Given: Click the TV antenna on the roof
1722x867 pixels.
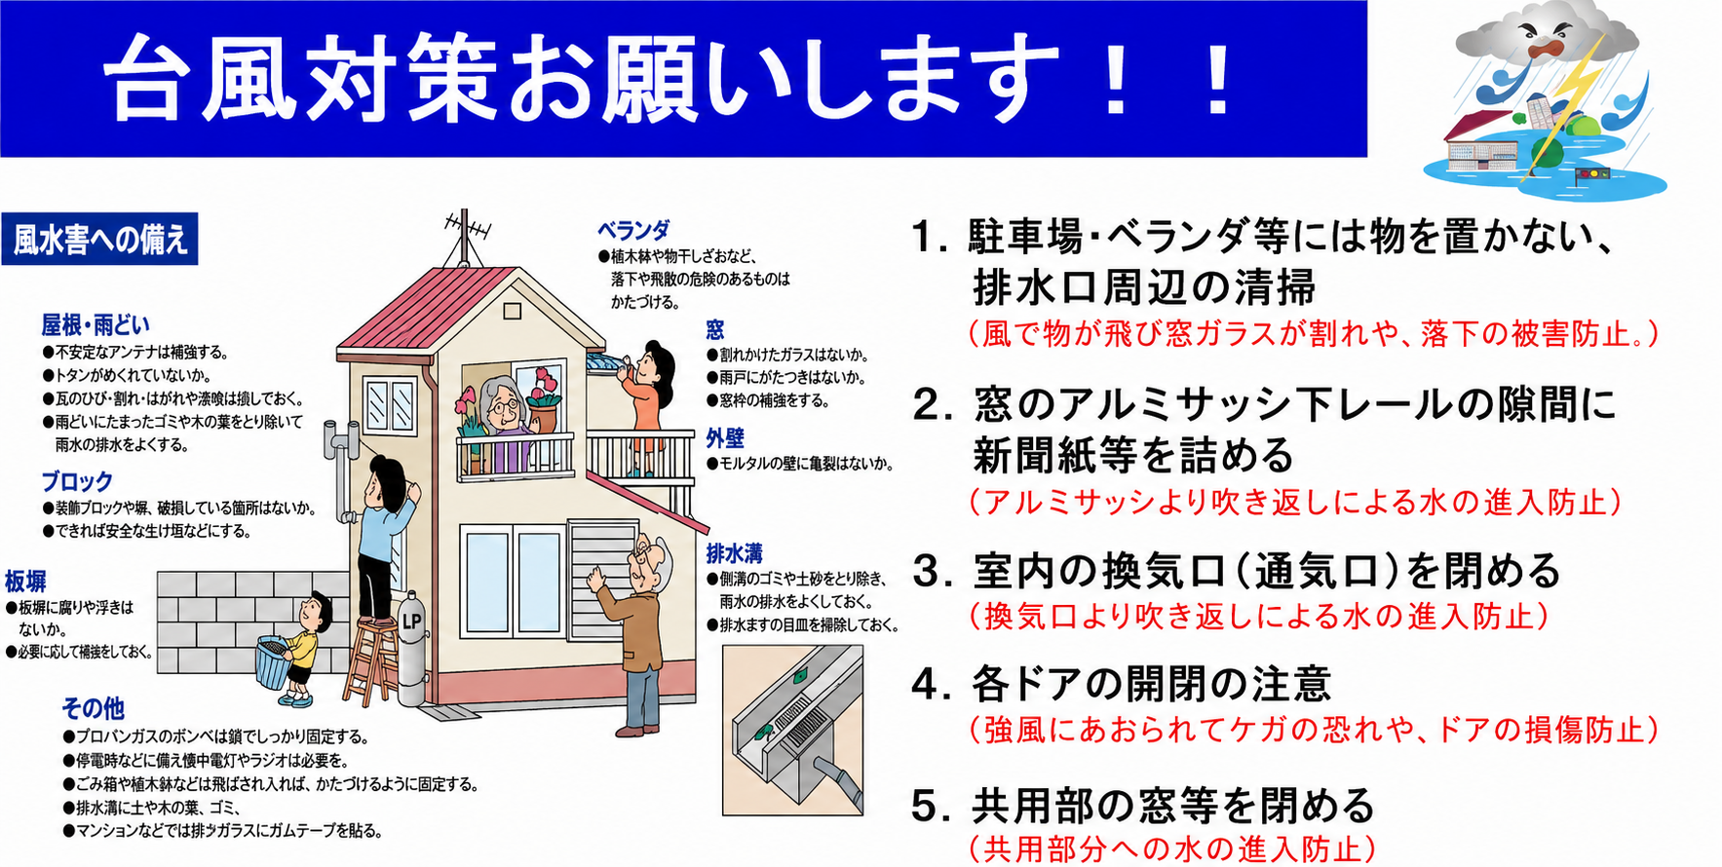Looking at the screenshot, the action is [467, 235].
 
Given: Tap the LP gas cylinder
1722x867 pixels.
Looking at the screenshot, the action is [411, 648].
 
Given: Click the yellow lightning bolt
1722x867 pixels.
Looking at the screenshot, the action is [1561, 102].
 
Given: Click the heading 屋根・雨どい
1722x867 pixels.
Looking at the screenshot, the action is [96, 325].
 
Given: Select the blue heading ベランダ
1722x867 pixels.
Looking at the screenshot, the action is [633, 231].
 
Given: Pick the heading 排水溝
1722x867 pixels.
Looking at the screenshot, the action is [734, 553].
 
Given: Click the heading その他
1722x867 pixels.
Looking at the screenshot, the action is [94, 708].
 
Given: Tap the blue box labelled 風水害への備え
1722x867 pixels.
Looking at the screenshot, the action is [99, 239].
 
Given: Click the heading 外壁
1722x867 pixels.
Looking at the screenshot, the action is [725, 438].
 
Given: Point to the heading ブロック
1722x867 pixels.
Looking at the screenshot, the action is [77, 481].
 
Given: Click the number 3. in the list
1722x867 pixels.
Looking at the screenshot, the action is [933, 572].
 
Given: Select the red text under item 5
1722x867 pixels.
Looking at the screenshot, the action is [1172, 848].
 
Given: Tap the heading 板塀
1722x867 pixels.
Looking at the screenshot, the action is [25, 582].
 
